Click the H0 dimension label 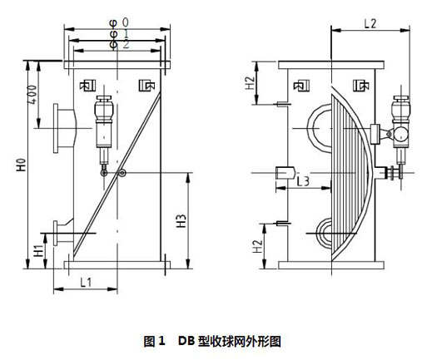click(22, 165)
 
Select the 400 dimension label click(32, 95)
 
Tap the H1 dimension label click(38, 250)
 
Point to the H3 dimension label click(181, 221)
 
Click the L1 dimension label click(86, 283)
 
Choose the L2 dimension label click(370, 24)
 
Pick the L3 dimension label click(303, 181)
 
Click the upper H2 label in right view click(250, 83)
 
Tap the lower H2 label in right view click(258, 246)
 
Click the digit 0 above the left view click(126, 22)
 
